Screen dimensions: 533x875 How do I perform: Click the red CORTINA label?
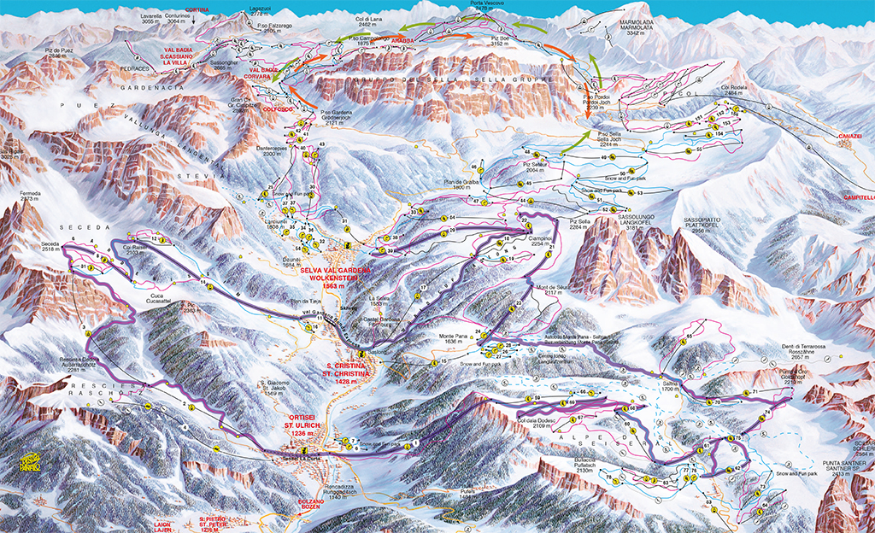point(197,9)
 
